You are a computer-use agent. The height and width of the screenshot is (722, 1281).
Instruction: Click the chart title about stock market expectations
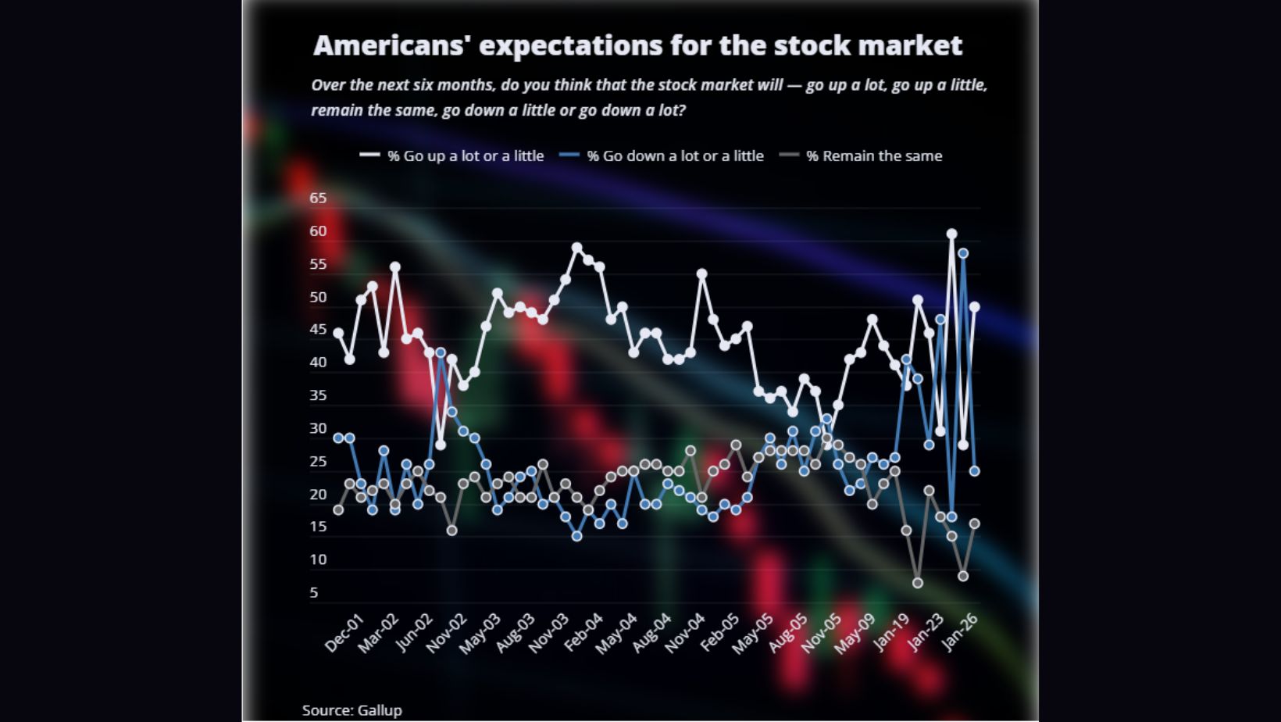[x=637, y=45]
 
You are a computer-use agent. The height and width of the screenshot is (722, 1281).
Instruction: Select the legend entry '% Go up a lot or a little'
[x=465, y=155]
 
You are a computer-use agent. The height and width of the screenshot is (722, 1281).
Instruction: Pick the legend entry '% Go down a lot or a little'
[x=675, y=155]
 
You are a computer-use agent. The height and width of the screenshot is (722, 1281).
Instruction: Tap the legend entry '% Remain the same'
[x=874, y=155]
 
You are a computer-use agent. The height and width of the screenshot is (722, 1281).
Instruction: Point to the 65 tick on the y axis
[x=318, y=198]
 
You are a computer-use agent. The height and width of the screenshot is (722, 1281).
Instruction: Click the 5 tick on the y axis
[x=314, y=592]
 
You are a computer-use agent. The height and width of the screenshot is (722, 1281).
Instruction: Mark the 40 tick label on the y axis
[x=318, y=362]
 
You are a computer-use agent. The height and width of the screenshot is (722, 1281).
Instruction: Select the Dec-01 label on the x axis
[x=344, y=633]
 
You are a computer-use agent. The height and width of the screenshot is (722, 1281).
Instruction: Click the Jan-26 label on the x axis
[x=960, y=632]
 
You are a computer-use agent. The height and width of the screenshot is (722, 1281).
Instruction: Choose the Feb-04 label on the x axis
[x=583, y=633]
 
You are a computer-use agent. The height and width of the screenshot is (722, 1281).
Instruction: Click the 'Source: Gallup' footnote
[x=351, y=710]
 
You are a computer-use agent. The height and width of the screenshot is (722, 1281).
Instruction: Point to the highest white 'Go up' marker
[x=951, y=234]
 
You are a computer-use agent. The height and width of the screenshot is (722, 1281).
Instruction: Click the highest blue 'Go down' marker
[x=963, y=253]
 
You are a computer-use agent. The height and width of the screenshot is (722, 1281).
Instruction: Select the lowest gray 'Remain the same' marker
[x=918, y=583]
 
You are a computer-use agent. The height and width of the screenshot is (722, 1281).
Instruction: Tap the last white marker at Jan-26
[x=975, y=307]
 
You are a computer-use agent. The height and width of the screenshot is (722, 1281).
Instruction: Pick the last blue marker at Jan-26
[x=975, y=471]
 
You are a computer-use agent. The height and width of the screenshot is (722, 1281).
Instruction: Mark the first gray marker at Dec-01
[x=338, y=510]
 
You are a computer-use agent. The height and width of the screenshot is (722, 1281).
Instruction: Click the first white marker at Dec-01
[x=338, y=333]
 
